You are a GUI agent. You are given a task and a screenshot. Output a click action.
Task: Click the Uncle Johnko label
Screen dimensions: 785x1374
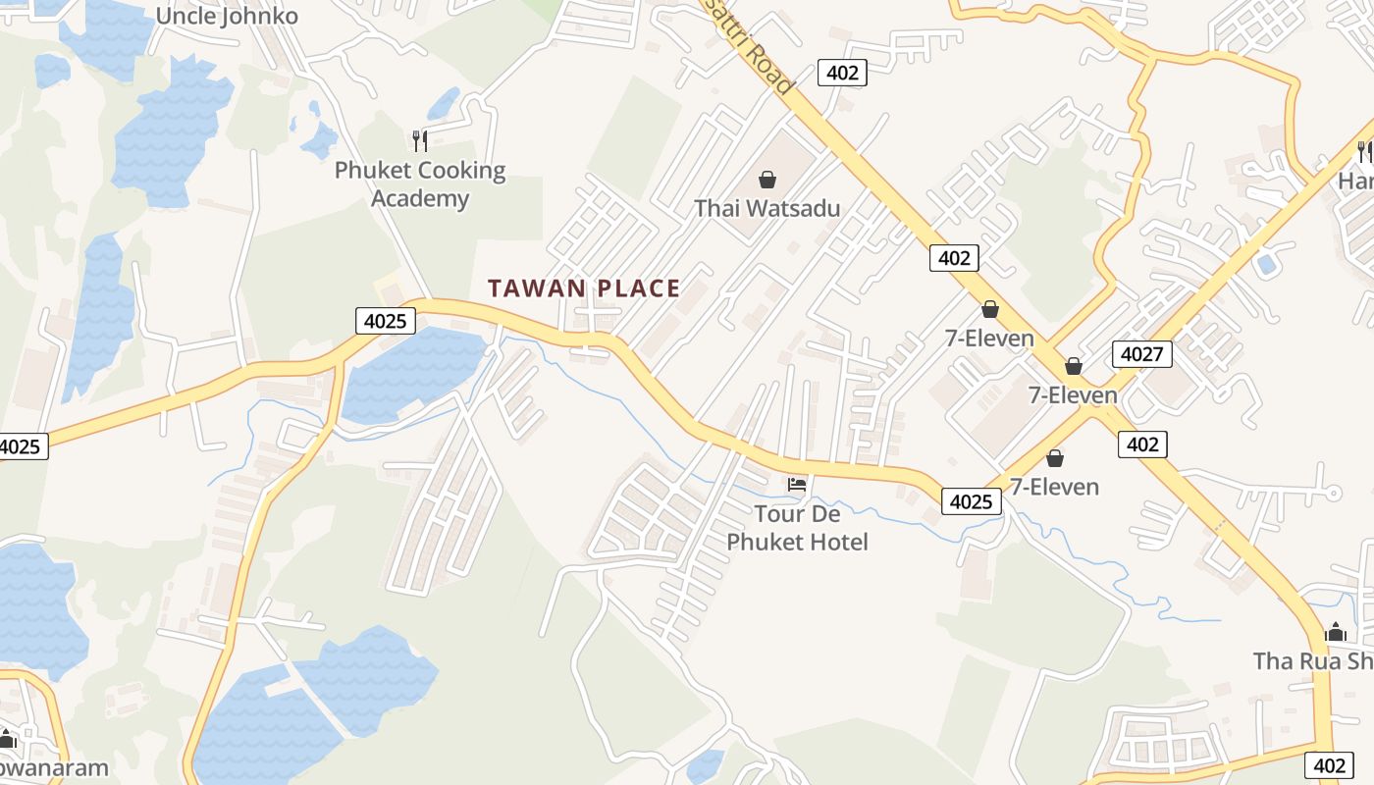(x=227, y=16)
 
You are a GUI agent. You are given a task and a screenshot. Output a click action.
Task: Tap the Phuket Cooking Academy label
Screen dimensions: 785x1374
(x=420, y=183)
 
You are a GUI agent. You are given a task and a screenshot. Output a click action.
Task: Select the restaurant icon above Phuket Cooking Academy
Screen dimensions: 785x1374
(x=420, y=140)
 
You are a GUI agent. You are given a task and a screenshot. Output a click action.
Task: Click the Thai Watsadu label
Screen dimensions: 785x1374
(x=767, y=208)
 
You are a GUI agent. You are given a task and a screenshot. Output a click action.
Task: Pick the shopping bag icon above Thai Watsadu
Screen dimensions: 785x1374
(x=767, y=180)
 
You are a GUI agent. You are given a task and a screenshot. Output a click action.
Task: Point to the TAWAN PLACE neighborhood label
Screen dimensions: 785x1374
(x=584, y=288)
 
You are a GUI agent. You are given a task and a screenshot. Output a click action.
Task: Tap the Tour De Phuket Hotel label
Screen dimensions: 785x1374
(x=797, y=528)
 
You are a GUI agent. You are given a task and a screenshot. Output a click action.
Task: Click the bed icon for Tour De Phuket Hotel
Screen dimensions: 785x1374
(x=797, y=484)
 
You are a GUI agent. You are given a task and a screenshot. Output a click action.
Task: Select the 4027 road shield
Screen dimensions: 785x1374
(x=1142, y=353)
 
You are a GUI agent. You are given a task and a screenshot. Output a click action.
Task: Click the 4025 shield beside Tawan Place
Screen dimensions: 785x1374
(x=386, y=320)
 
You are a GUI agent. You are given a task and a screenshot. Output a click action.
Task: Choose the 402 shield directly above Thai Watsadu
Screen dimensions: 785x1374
(x=842, y=73)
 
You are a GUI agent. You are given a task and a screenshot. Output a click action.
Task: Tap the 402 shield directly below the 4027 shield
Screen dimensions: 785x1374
(x=1142, y=445)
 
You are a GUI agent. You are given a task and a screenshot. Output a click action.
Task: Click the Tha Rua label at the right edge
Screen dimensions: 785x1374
(x=1313, y=661)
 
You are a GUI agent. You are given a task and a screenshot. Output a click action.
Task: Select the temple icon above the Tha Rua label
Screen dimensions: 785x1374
(x=1335, y=632)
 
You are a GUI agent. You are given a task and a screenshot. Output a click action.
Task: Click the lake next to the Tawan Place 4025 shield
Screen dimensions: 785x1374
(x=412, y=373)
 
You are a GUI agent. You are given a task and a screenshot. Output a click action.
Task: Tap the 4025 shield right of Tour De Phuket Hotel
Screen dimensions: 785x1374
(x=972, y=501)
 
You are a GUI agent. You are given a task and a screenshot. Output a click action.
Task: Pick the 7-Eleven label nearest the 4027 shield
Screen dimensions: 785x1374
(x=1073, y=395)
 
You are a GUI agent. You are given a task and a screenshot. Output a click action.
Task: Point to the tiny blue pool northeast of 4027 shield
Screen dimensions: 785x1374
(x=1267, y=264)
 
